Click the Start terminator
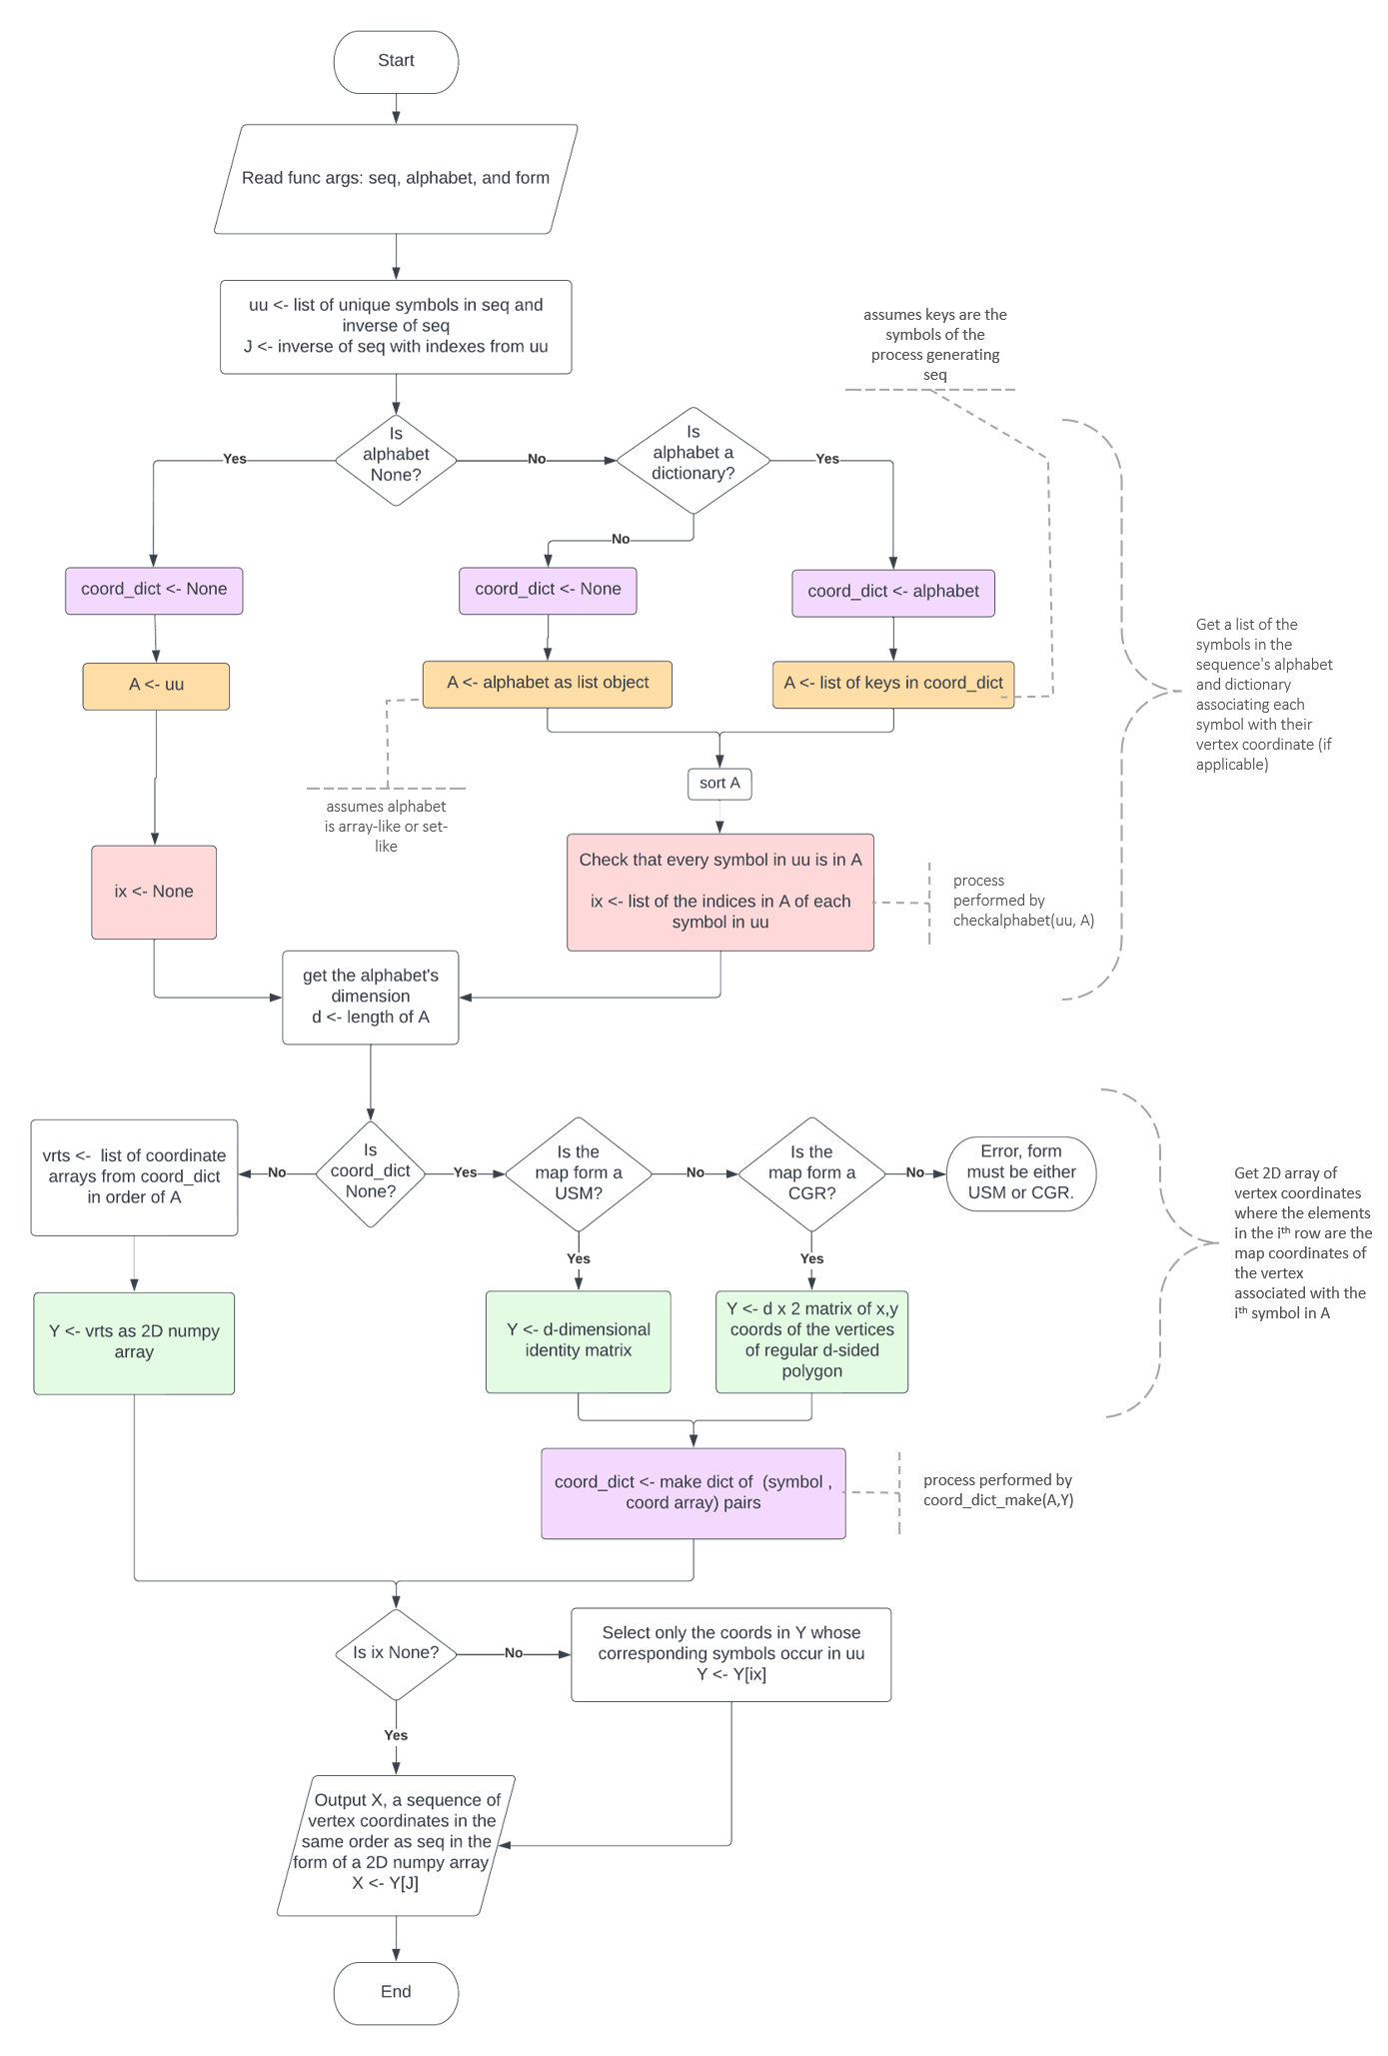(x=396, y=61)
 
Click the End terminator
(x=396, y=1992)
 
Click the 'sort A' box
(x=719, y=783)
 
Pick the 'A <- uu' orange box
(x=156, y=686)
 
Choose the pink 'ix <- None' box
(x=154, y=892)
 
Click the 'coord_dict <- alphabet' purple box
(x=893, y=592)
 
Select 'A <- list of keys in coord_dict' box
(x=892, y=684)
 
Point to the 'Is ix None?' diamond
(x=396, y=1653)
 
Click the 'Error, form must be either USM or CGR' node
(x=1020, y=1172)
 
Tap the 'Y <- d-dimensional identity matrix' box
(x=578, y=1340)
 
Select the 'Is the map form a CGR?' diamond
(x=811, y=1172)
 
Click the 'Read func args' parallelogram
(x=396, y=179)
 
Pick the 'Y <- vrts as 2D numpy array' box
(x=134, y=1342)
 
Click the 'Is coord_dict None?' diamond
(x=371, y=1171)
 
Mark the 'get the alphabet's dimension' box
(x=371, y=997)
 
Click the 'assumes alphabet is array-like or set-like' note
(x=386, y=826)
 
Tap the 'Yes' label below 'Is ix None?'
(x=396, y=1736)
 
